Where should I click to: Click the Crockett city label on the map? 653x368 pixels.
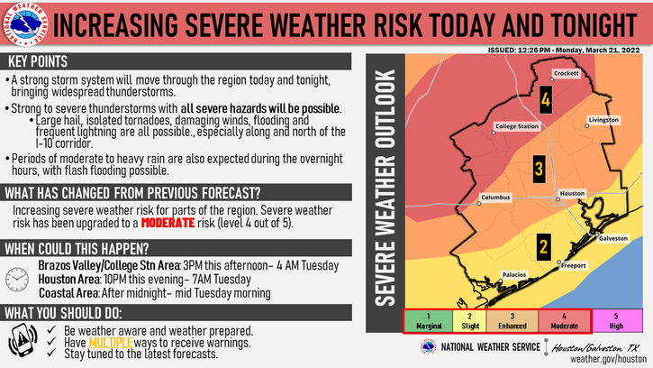[565, 73]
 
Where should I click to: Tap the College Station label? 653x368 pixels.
[516, 126]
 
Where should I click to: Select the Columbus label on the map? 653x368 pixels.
[495, 197]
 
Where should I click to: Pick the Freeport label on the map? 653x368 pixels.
[573, 265]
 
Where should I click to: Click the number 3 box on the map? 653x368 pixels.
[538, 169]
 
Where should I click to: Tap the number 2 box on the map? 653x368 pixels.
[543, 244]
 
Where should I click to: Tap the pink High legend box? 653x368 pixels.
[616, 321]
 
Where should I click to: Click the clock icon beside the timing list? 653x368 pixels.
[17, 279]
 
